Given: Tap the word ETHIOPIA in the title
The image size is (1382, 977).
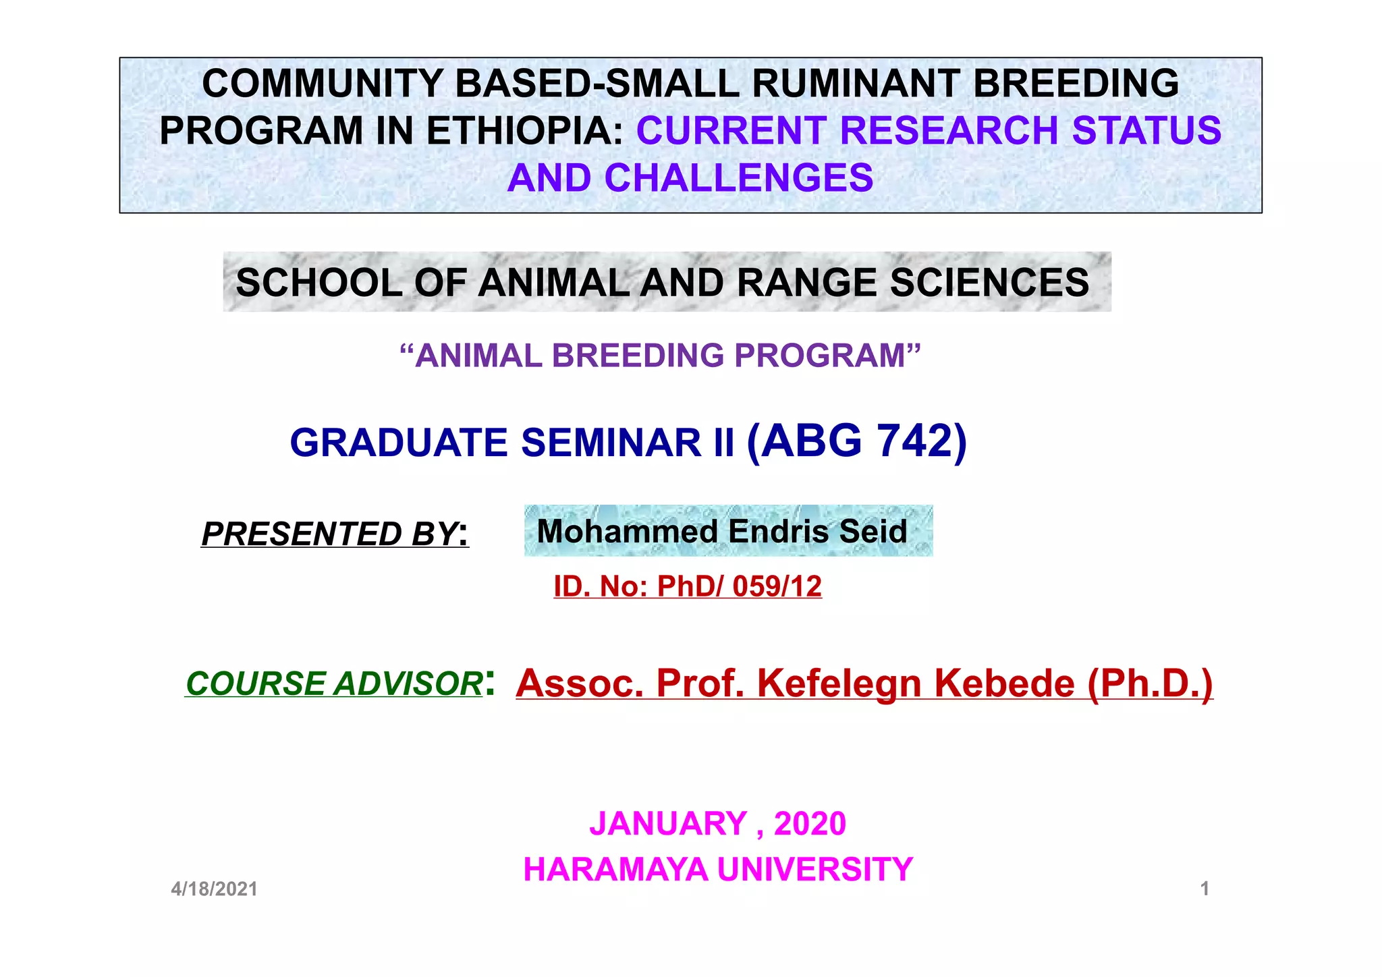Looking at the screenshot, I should [524, 131].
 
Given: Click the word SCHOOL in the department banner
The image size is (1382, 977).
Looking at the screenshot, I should [319, 282].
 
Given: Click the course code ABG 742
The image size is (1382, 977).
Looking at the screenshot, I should [857, 441].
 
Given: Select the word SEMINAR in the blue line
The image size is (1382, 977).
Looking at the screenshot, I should [611, 443].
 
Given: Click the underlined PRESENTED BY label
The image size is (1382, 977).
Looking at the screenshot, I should [334, 534].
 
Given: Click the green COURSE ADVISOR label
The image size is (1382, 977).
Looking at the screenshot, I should [334, 683].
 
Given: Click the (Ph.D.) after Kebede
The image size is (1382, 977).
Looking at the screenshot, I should [1150, 683].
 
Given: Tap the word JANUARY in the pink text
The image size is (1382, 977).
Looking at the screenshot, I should [668, 824].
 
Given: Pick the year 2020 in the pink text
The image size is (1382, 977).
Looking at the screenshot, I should [810, 824].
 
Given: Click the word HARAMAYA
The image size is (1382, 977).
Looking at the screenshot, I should [615, 869].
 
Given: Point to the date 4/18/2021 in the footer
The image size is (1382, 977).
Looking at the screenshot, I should [214, 889].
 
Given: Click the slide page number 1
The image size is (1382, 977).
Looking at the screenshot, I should [1205, 889].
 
